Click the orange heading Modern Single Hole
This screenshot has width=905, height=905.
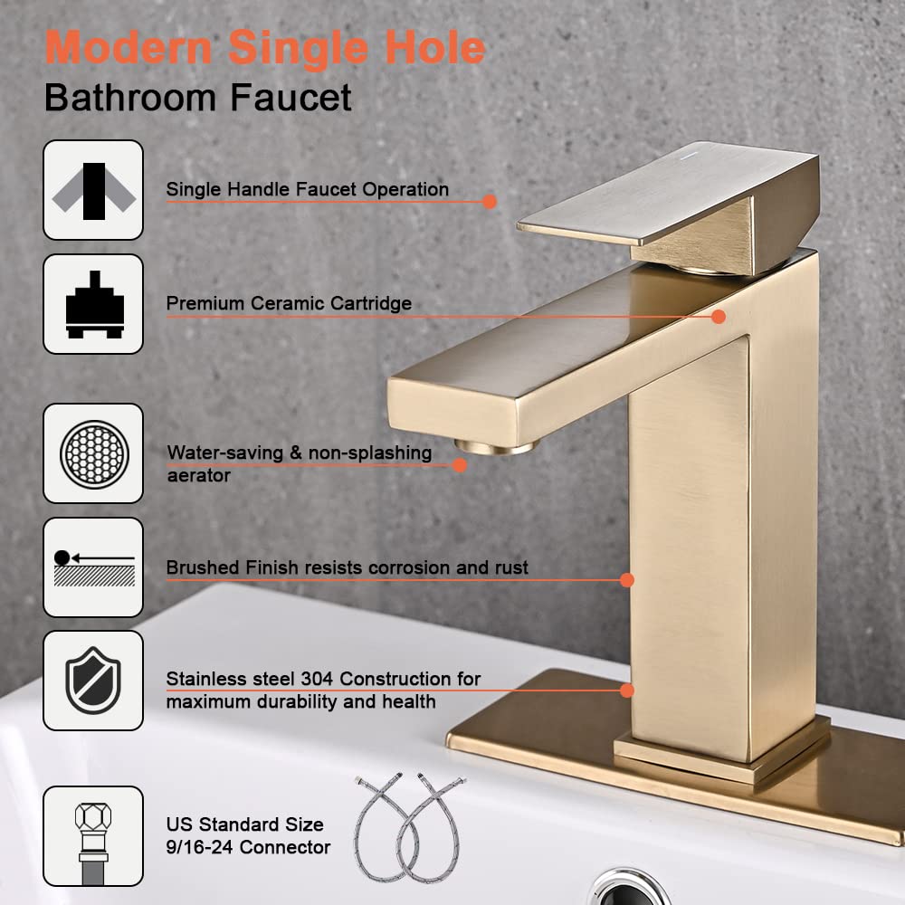264,47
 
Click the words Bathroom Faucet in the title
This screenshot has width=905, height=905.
197,97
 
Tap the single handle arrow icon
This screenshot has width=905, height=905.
93,190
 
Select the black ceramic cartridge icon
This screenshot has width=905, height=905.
93,304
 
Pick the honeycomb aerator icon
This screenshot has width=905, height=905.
93,453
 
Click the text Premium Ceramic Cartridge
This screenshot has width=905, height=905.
289,304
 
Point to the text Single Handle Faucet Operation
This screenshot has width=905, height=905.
307,190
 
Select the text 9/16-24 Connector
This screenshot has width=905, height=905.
247,848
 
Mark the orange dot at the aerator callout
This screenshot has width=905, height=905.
460,465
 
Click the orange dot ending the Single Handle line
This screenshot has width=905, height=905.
490,202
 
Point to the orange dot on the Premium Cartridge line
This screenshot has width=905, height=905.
719,317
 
